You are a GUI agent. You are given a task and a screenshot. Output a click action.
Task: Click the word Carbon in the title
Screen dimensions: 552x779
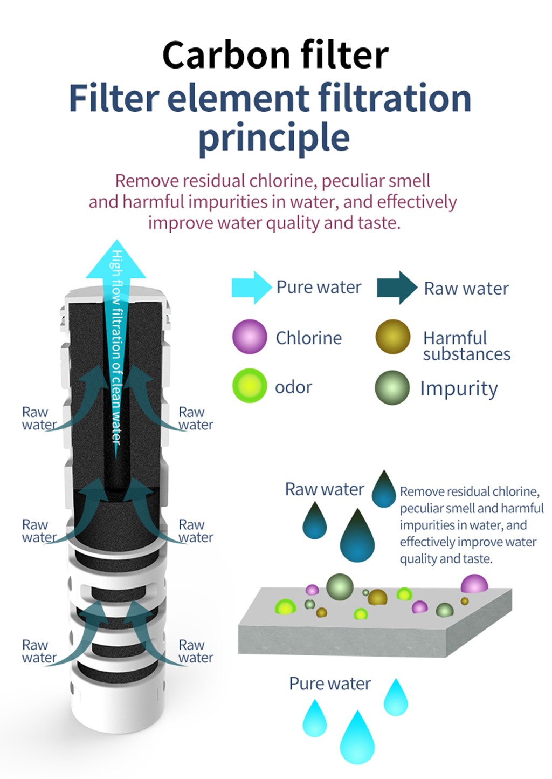coord(226,56)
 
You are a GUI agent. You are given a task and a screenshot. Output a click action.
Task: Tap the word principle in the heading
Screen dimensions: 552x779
coord(274,138)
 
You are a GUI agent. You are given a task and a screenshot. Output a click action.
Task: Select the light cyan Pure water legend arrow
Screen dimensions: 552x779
coord(252,288)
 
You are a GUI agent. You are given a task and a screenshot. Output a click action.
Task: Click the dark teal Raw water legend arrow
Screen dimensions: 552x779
coord(397,288)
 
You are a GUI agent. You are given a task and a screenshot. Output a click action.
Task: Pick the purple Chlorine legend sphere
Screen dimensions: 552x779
coord(250,337)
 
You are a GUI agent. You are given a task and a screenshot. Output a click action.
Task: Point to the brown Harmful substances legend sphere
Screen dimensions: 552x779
coord(393,337)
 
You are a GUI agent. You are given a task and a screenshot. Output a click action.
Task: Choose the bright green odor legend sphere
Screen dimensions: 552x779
coord(250,386)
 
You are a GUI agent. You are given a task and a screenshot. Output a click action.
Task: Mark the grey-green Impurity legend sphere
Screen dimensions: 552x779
coord(392,387)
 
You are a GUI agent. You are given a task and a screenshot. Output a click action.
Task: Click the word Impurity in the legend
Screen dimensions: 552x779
coord(459,389)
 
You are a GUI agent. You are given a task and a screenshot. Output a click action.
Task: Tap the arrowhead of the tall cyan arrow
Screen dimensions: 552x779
coord(116,259)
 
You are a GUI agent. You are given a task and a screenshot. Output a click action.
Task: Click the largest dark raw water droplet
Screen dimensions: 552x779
coord(357,535)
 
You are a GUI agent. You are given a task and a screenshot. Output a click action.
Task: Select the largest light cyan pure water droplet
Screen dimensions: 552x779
coord(357,737)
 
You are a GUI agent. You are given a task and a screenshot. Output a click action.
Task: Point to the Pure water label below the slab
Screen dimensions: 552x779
coord(330,684)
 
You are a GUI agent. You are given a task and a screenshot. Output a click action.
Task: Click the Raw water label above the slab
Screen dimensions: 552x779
coord(325,489)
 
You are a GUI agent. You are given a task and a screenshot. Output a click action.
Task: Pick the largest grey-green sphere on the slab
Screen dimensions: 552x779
coord(340,587)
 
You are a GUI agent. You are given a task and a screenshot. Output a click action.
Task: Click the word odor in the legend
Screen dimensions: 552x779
coord(293,387)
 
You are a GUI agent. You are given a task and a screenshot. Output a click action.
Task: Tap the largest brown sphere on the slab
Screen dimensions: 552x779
coord(377,597)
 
